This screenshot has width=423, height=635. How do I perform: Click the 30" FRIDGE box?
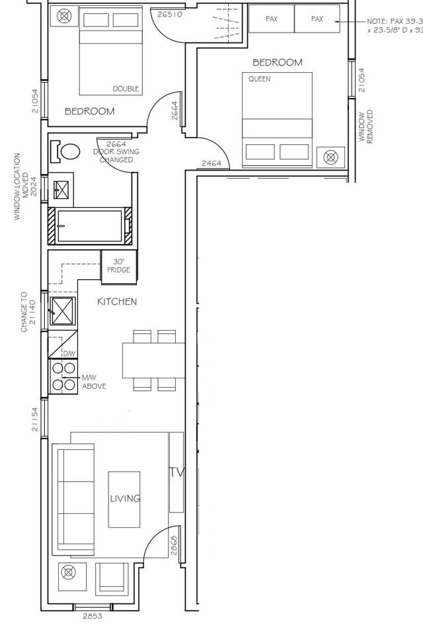(x=119, y=265)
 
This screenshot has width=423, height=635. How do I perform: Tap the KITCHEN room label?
(x=117, y=302)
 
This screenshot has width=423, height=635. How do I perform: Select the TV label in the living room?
(x=176, y=472)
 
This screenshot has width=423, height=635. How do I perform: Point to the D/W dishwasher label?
(x=69, y=354)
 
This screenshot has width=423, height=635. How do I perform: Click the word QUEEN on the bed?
(x=259, y=79)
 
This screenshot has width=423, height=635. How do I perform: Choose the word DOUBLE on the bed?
(x=126, y=89)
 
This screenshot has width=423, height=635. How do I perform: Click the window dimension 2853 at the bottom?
(x=93, y=616)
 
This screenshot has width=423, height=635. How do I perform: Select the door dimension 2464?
(x=211, y=163)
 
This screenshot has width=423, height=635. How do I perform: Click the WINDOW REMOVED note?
(x=365, y=127)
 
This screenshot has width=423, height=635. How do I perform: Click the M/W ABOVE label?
(x=93, y=382)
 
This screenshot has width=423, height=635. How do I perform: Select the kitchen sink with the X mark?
(x=63, y=310)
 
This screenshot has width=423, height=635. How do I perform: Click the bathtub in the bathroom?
(x=90, y=226)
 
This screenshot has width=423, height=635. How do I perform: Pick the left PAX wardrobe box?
(x=271, y=19)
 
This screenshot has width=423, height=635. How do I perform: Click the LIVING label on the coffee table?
(x=125, y=499)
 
